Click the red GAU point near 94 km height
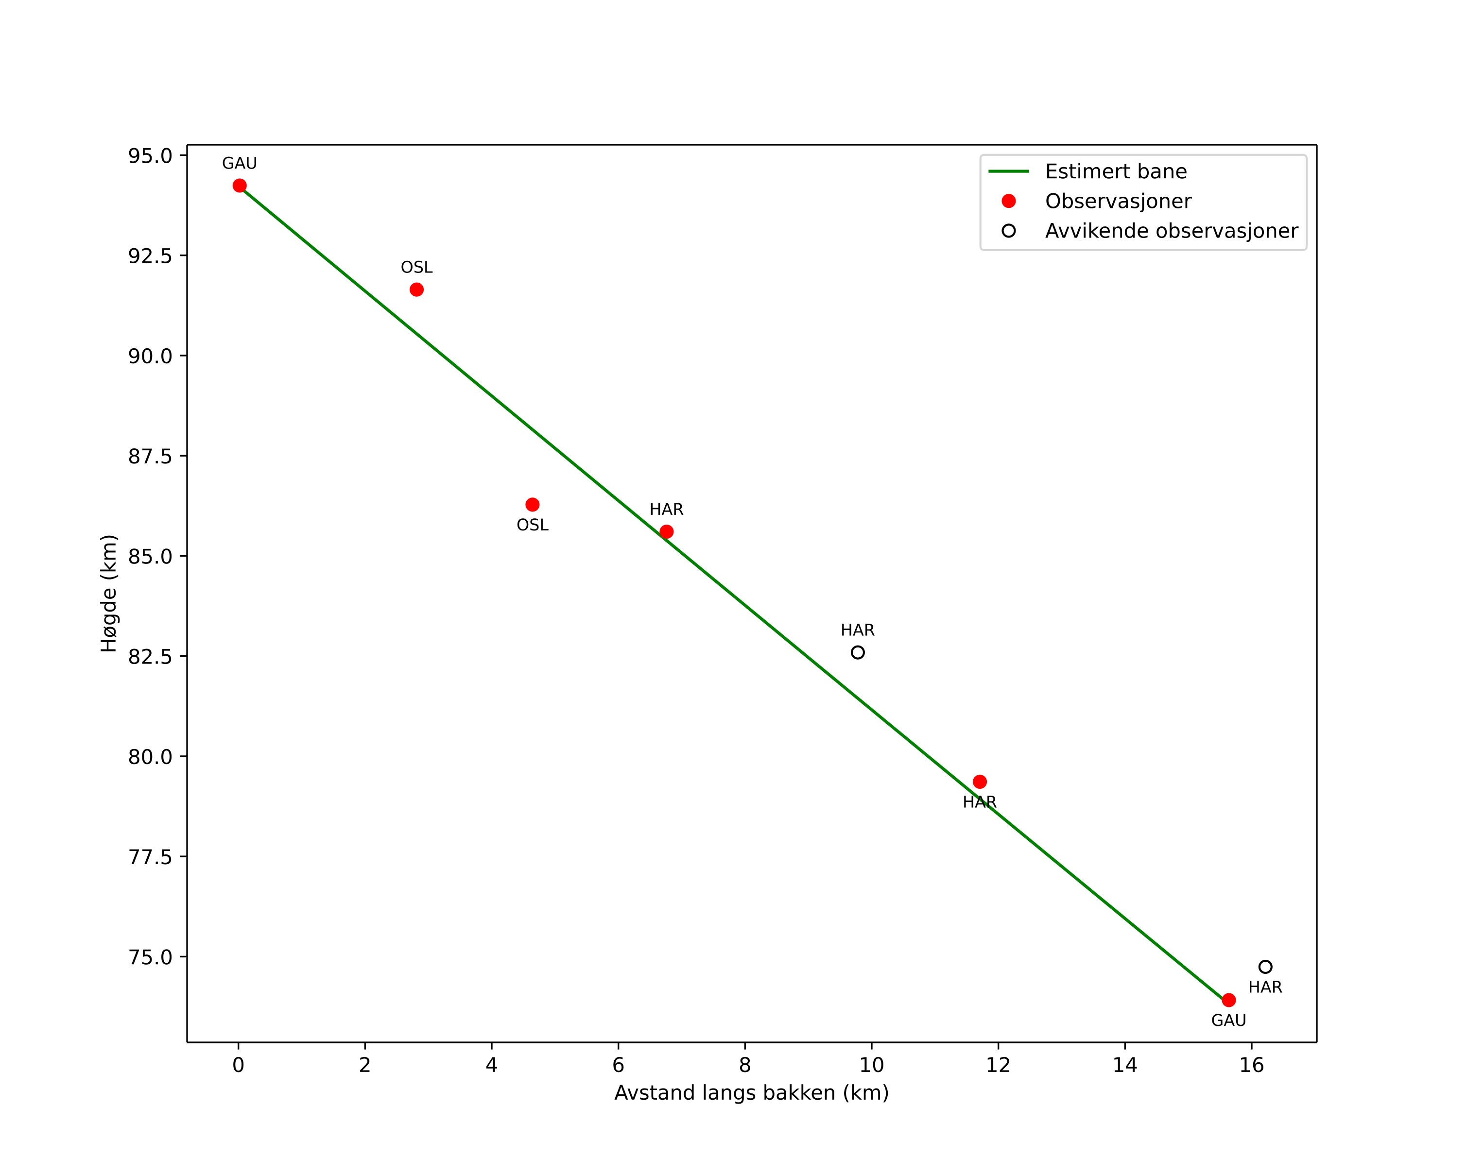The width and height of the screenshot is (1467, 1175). coord(240,186)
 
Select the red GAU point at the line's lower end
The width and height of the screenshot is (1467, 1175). coord(1229,1000)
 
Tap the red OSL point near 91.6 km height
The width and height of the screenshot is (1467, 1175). coord(416,289)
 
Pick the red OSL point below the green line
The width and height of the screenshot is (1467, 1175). coord(533,505)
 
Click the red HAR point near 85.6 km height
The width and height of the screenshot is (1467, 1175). coord(667,532)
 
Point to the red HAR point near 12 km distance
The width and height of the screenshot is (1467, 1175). coord(980,782)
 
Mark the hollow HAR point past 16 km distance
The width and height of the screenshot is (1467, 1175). coord(1266,967)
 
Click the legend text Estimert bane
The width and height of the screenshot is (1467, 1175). coord(1116,171)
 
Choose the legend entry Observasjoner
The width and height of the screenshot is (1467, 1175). coord(1118,201)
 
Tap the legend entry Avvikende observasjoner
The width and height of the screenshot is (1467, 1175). coord(1172,231)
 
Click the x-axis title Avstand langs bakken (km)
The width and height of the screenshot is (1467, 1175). coord(752,1093)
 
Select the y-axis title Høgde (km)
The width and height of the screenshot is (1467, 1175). coord(109,594)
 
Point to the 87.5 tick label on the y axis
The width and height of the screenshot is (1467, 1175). coord(150,456)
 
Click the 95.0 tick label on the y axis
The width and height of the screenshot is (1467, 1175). coord(150,156)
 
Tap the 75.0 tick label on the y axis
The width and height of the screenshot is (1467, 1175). coord(150,957)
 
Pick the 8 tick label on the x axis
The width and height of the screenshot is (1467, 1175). coord(745,1065)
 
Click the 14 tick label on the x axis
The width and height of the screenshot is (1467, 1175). coord(1125,1065)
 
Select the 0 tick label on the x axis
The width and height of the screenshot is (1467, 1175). coord(238,1065)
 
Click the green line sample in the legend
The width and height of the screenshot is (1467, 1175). coord(1008,171)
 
